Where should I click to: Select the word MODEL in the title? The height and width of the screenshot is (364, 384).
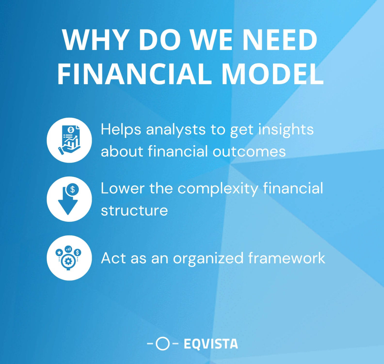[272, 74]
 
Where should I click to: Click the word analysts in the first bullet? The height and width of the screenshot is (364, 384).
[175, 130]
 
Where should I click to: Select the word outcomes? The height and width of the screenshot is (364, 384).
[249, 151]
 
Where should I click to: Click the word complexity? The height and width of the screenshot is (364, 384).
[218, 188]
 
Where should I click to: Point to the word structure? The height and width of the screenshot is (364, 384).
[134, 210]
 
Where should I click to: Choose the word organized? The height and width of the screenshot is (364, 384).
[208, 258]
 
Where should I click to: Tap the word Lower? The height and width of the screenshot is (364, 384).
[122, 188]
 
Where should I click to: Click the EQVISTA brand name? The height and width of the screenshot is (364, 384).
[211, 344]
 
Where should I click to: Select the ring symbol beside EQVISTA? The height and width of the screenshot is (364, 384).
[163, 343]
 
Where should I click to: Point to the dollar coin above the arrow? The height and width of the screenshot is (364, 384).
[72, 189]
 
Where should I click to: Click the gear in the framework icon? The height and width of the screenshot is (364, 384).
[68, 261]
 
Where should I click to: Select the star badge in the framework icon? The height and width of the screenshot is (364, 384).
[59, 252]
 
